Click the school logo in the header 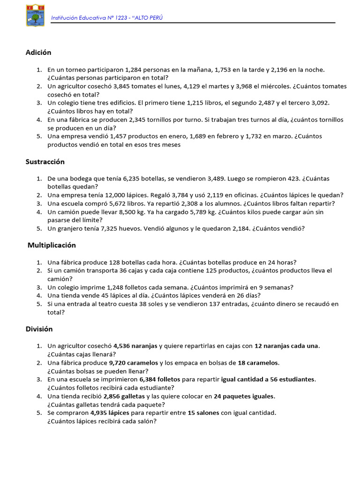pyautogui.click(x=35, y=15)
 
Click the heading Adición pyautogui.click(x=38, y=52)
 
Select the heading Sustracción pyautogui.click(x=45, y=162)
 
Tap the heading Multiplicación pyautogui.click(x=52, y=245)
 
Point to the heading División pyautogui.click(x=39, y=329)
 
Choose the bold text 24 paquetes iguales pyautogui.click(x=244, y=396)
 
